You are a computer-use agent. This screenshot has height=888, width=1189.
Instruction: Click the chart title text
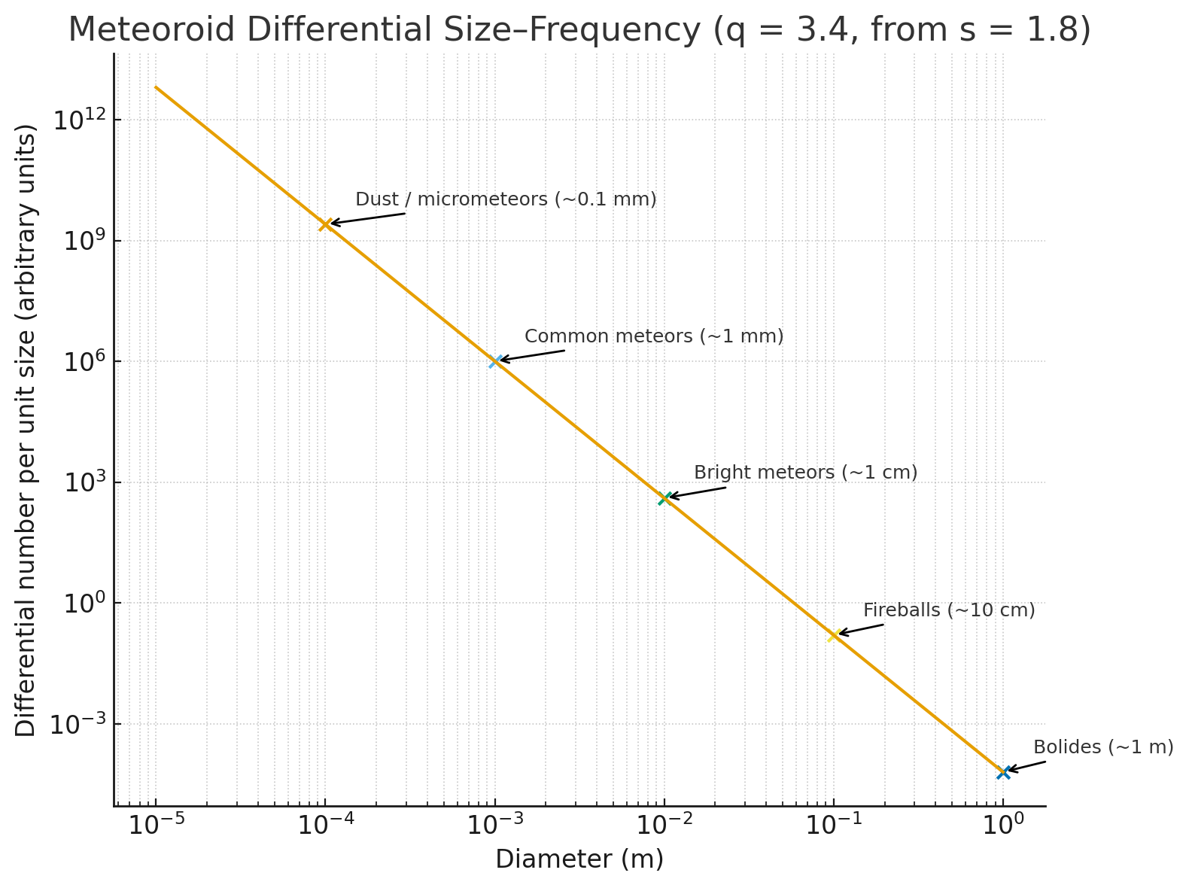[x=579, y=30]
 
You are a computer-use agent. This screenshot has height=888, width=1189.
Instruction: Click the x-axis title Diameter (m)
[x=579, y=859]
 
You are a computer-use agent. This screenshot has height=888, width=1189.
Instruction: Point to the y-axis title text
[x=26, y=430]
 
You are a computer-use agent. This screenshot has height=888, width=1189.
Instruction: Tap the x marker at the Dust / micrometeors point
[x=325, y=224]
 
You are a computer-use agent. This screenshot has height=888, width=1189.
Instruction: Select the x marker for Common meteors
[x=495, y=361]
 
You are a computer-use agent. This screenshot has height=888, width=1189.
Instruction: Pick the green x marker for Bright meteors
[x=664, y=498]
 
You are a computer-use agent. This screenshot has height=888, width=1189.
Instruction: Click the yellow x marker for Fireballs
[x=834, y=635]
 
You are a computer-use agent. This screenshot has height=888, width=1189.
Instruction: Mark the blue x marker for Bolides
[x=1003, y=772]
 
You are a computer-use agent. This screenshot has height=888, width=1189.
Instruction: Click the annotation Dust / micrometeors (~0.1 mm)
[x=506, y=199]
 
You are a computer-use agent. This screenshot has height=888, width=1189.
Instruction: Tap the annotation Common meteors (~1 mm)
[x=654, y=336]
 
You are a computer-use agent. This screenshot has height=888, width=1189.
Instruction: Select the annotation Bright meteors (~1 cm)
[x=805, y=473]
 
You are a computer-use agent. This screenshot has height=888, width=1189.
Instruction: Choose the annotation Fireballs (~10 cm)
[x=949, y=610]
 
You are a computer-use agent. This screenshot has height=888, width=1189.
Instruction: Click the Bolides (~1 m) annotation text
[x=1103, y=747]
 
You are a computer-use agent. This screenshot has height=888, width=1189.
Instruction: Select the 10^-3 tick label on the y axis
[x=76, y=725]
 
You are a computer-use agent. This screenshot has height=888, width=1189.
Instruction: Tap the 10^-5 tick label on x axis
[x=155, y=826]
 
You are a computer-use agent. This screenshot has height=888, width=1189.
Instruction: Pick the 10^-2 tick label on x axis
[x=664, y=826]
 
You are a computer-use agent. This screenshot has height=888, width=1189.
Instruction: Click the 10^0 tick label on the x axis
[x=1002, y=826]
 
